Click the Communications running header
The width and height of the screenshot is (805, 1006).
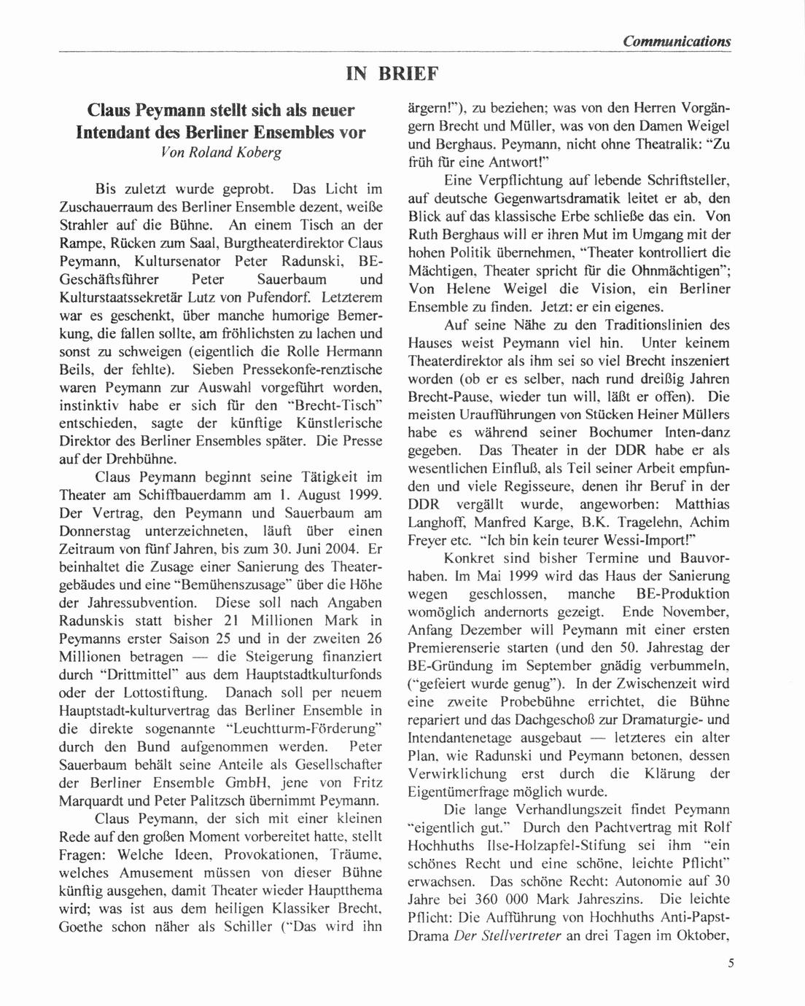coord(676,41)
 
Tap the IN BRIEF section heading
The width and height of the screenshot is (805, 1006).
coord(392,74)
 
